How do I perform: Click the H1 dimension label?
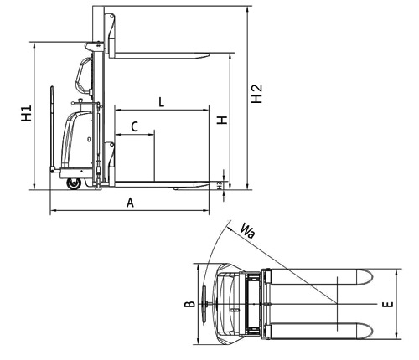pyautogui.click(x=27, y=113)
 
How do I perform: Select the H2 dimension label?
pyautogui.click(x=256, y=94)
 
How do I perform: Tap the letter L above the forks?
pyautogui.click(x=161, y=102)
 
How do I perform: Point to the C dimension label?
pyautogui.click(x=135, y=126)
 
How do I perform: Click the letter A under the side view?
pyautogui.click(x=130, y=203)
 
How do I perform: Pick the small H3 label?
pyautogui.click(x=220, y=185)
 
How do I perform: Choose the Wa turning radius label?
pyautogui.click(x=247, y=230)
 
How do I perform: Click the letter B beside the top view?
pyautogui.click(x=189, y=304)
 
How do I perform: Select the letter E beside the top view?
pyautogui.click(x=388, y=305)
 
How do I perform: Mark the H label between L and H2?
pyautogui.click(x=223, y=121)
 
